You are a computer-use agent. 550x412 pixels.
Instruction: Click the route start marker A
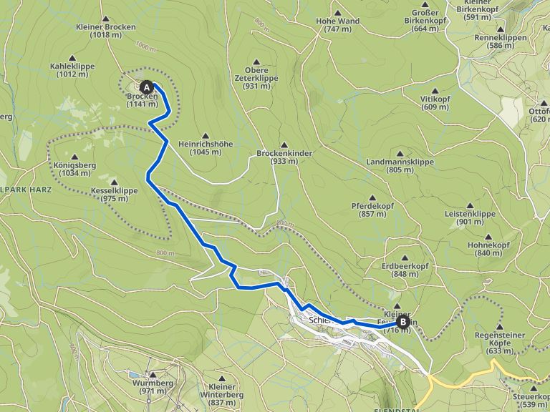[147, 87]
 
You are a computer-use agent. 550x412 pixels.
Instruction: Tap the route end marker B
[403, 323]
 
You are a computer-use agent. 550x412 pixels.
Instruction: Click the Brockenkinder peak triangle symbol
[284, 144]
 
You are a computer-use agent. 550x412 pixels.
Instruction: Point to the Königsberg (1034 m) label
[75, 168]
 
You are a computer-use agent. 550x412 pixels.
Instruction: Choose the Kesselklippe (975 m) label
[115, 194]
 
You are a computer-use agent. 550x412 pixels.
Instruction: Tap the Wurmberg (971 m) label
[152, 386]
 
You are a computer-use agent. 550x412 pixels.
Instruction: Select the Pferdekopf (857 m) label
[372, 210]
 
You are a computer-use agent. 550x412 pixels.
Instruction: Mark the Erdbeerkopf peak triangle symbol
[405, 257]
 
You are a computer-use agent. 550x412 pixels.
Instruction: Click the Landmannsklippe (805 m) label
[400, 166]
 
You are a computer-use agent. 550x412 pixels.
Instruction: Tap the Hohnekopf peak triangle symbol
[488, 237]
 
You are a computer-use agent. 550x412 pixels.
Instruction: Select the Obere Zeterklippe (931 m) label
[256, 77]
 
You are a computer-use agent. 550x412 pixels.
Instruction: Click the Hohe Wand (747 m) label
[337, 25]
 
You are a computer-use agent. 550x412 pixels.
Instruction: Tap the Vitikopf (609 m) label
[435, 102]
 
